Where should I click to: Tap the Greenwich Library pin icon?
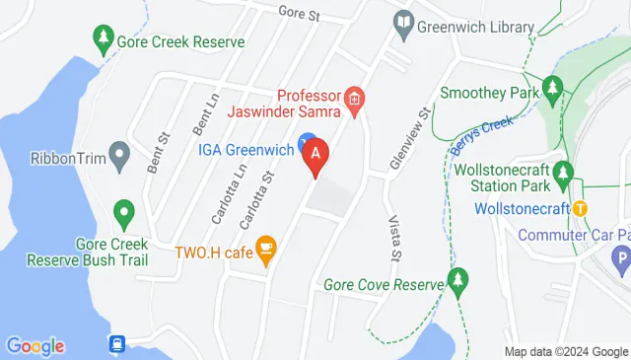tap(403, 23)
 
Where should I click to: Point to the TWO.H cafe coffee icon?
tap(265, 251)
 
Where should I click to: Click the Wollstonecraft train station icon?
tap(581, 208)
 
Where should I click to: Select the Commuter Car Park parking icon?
tap(621, 260)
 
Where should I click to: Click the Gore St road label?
tap(301, 14)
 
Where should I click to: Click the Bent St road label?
tap(158, 152)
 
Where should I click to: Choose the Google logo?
tap(35, 345)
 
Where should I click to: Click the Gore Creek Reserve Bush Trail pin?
tap(123, 212)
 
